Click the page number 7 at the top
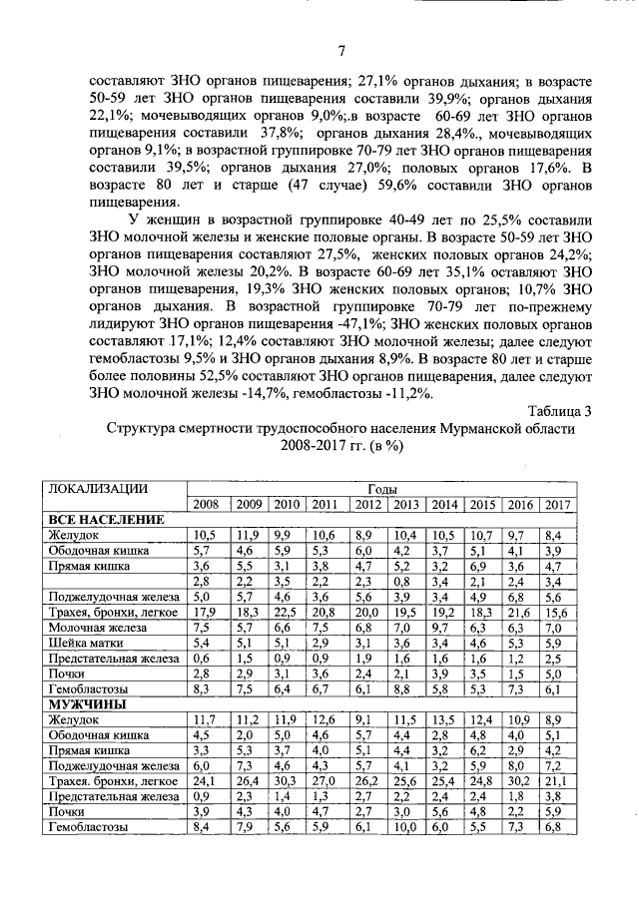340,52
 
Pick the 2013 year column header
405,504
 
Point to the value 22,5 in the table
288,612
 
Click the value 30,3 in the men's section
288,781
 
